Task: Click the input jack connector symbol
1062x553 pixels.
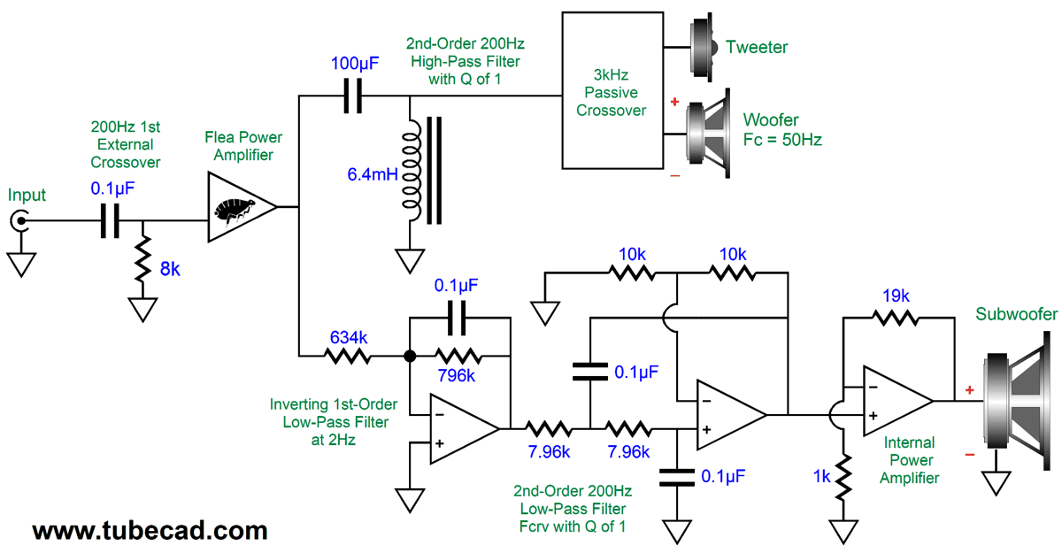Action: pyautogui.click(x=19, y=221)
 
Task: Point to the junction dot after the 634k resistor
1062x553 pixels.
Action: pyautogui.click(x=409, y=357)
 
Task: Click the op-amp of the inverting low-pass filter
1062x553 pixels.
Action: pyautogui.click(x=462, y=429)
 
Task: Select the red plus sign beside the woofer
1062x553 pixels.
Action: pyautogui.click(x=674, y=103)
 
